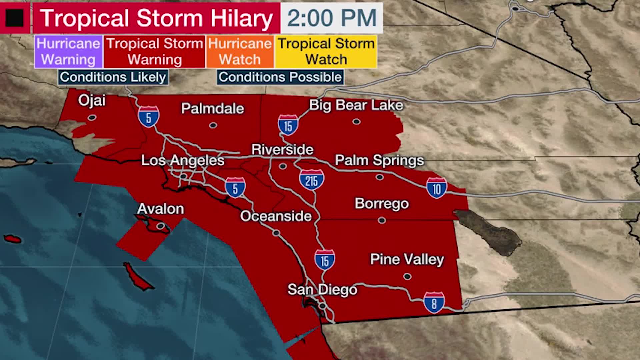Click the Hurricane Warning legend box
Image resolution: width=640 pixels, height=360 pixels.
click(x=68, y=52)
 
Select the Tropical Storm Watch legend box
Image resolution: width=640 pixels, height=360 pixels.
click(x=326, y=52)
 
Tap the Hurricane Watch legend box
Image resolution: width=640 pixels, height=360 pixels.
click(x=240, y=52)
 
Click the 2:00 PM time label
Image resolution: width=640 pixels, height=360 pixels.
click(x=332, y=18)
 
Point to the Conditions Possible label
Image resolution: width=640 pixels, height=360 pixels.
click(x=280, y=77)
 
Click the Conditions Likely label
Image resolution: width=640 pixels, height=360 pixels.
click(x=113, y=77)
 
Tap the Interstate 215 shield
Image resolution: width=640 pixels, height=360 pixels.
click(x=311, y=180)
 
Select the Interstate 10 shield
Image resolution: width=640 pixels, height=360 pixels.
click(x=436, y=188)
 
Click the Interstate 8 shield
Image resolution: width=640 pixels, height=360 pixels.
click(x=434, y=302)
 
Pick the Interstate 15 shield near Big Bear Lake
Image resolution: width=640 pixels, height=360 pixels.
click(x=288, y=125)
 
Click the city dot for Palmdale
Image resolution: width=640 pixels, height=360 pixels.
click(x=213, y=125)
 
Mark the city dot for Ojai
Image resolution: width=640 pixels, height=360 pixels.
click(x=92, y=117)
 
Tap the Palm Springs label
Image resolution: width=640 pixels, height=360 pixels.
click(x=379, y=160)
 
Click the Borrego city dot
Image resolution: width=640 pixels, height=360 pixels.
click(x=382, y=220)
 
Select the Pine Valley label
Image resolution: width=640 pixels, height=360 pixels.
click(x=407, y=259)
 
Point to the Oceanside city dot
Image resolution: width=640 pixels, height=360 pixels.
click(x=276, y=233)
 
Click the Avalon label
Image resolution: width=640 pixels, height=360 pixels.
click(x=160, y=209)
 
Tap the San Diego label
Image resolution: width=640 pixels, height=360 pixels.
click(x=322, y=289)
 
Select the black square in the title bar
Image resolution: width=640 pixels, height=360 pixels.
click(x=15, y=18)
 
